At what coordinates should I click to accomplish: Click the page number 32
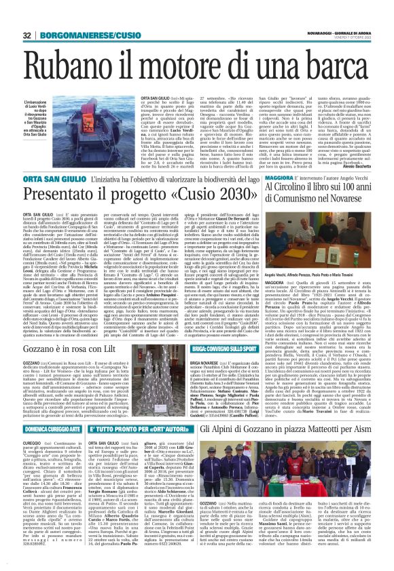click(26, 35)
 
